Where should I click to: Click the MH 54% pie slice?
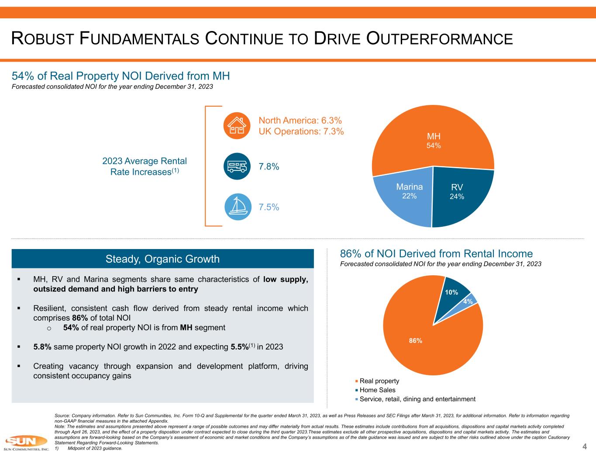coord(433,140)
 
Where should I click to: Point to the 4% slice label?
coord(468,302)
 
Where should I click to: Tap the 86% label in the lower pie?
coord(415,340)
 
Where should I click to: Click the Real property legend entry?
coord(379,381)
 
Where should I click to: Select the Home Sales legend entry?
coord(377,390)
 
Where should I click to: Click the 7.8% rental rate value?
coord(269,166)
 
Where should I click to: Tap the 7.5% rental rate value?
coord(269,207)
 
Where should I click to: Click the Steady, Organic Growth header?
coord(162,259)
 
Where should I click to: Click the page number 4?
coord(584,446)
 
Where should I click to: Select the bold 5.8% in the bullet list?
coord(42,347)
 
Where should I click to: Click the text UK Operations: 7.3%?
coord(301,132)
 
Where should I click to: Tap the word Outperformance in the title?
coord(439,39)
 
